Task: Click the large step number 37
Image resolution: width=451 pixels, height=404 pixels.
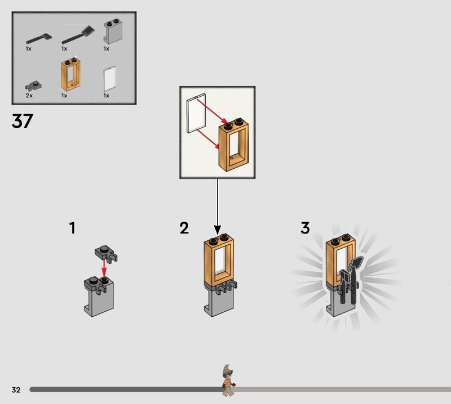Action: tap(23, 120)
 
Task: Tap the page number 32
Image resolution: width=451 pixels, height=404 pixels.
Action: tap(16, 389)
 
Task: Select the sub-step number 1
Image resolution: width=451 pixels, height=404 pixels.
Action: tap(73, 228)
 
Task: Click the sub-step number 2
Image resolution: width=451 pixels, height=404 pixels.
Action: tap(184, 228)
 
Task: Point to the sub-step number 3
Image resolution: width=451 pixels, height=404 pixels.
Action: tap(305, 228)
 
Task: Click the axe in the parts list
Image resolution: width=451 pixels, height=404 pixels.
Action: tap(39, 38)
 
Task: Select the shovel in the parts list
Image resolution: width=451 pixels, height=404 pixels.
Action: tap(78, 34)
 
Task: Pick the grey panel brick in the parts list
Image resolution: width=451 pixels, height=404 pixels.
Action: tap(113, 32)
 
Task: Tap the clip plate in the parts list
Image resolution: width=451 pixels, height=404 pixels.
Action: tap(33, 86)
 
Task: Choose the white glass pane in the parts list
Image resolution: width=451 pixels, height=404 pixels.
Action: tap(109, 79)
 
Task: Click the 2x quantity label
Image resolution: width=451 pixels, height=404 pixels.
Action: tap(29, 96)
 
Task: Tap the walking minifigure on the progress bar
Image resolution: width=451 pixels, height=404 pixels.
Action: tap(228, 380)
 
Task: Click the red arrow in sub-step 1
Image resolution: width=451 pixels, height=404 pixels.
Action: tap(104, 268)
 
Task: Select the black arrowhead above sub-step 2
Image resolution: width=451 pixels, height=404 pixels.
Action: tap(218, 230)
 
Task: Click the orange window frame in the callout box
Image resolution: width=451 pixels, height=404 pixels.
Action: tap(233, 145)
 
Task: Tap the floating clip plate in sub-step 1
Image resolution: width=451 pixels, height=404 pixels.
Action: tap(106, 254)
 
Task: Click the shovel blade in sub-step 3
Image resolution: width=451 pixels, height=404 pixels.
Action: tap(356, 263)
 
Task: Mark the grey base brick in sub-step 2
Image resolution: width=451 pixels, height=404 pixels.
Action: tap(218, 302)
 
